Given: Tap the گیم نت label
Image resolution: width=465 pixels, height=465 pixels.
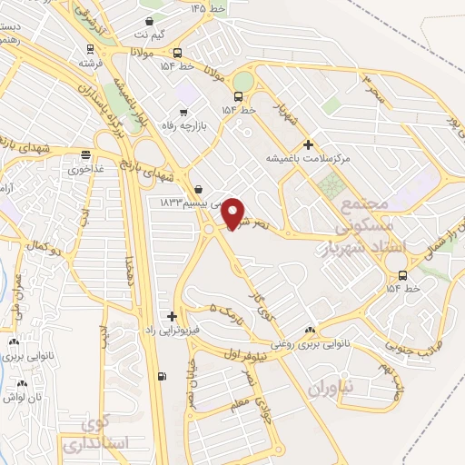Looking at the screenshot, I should (152, 34).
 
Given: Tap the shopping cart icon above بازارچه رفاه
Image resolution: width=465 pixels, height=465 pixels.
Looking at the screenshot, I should (184, 112).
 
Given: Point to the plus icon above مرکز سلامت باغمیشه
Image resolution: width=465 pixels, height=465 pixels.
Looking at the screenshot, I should (308, 144).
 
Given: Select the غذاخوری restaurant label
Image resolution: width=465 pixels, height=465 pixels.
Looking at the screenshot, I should (85, 168).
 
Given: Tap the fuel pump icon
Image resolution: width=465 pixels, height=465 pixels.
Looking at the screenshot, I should (162, 378).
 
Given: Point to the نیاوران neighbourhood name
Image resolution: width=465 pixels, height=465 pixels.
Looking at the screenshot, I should (315, 389).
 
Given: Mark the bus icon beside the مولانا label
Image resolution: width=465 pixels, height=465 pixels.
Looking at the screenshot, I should (177, 52).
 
